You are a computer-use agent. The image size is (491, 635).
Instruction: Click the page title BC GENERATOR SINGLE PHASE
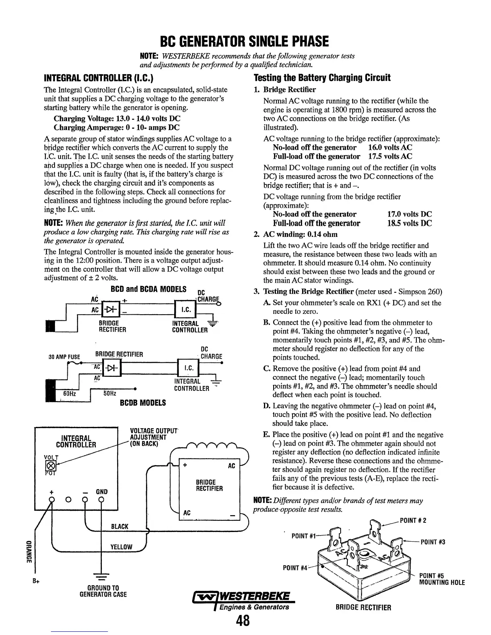point(244,41)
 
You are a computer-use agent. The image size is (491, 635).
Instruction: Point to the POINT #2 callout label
point(413,521)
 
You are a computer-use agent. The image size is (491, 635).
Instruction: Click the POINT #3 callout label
point(433,542)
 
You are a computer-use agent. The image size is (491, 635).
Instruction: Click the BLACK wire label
point(119,526)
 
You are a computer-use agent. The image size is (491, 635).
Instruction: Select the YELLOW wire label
point(121,547)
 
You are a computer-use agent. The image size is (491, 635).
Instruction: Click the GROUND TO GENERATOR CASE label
point(103,591)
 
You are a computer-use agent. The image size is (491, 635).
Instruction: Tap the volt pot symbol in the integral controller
point(51,465)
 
